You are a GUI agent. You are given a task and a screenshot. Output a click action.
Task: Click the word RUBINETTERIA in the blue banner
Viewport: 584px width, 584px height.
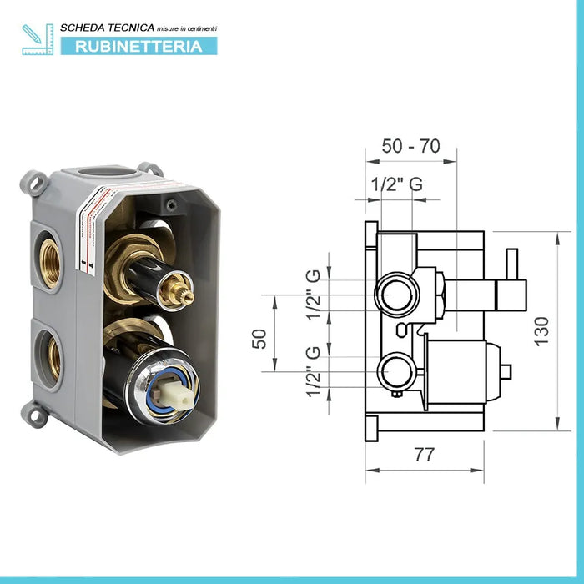(x=138, y=47)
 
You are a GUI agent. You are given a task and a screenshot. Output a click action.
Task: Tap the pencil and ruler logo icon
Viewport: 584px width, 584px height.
(x=38, y=39)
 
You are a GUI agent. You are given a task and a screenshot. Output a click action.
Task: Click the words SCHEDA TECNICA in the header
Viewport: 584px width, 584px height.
(x=108, y=28)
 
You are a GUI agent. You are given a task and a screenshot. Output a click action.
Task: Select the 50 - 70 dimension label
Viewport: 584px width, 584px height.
(x=410, y=146)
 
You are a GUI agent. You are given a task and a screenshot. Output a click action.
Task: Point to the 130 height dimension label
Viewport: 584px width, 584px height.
(x=542, y=331)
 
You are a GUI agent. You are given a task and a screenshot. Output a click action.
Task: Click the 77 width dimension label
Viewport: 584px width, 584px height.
(x=424, y=455)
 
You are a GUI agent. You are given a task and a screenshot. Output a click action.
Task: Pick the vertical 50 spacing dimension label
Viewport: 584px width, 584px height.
(x=259, y=339)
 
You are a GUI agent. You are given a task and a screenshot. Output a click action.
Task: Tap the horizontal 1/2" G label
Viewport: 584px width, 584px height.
(x=397, y=184)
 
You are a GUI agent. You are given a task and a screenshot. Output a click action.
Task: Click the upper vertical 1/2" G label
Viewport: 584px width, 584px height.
(x=313, y=295)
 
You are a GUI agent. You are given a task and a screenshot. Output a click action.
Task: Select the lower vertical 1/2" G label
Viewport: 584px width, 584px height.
(x=313, y=371)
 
